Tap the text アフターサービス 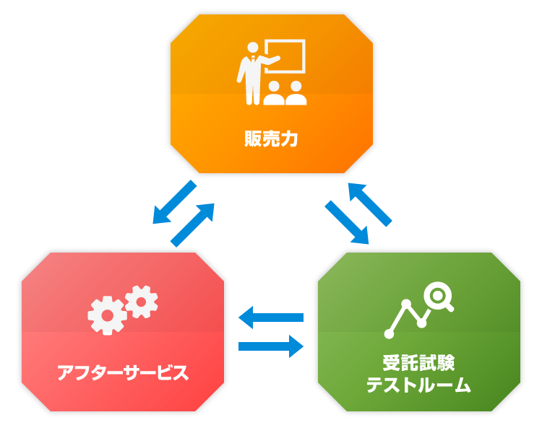point(123,373)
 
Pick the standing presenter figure point(252,72)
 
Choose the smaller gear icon point(141,299)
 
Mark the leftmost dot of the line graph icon point(390,334)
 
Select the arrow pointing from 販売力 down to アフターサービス point(174,202)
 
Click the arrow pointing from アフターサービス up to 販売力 point(194,224)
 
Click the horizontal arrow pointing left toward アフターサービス point(270,317)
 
